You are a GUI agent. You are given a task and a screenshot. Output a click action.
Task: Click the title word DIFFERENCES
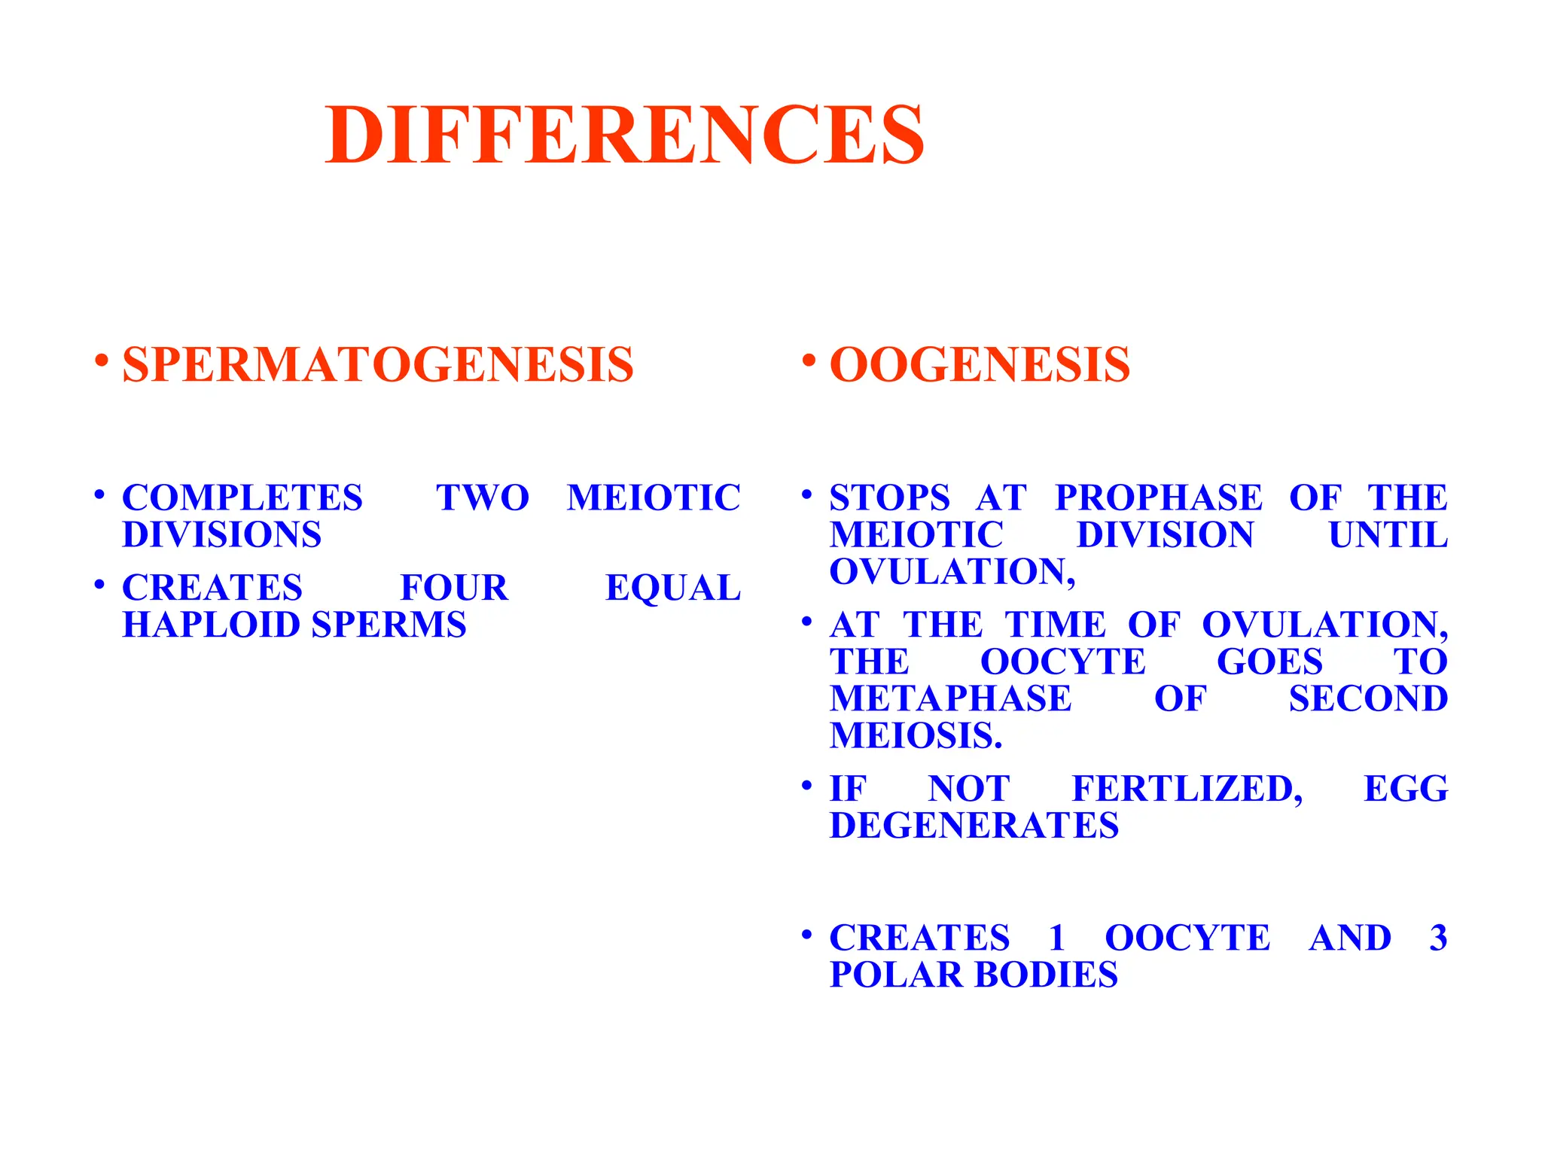click(624, 135)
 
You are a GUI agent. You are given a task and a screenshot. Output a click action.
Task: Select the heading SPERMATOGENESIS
click(377, 365)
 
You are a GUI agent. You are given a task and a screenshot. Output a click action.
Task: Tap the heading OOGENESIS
click(979, 365)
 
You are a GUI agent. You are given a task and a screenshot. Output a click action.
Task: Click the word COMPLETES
click(242, 497)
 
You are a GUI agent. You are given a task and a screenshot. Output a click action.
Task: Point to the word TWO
click(483, 497)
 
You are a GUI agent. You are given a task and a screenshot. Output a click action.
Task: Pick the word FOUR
click(454, 588)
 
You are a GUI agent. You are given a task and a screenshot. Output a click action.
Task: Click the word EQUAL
click(673, 588)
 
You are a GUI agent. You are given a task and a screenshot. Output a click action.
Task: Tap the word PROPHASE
click(1159, 497)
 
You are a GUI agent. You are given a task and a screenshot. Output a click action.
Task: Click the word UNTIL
click(1388, 535)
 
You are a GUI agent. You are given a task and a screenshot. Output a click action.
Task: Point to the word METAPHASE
click(950, 698)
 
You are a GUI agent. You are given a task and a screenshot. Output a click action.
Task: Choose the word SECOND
click(1368, 698)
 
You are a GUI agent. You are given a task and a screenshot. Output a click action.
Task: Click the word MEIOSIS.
click(916, 735)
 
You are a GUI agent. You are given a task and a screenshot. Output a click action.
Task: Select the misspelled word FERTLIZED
click(1187, 789)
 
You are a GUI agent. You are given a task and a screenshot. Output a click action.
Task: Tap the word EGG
click(1406, 789)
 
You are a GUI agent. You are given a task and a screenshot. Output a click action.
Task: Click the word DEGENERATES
click(974, 826)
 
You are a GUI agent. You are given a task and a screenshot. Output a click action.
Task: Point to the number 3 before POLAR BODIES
click(1438, 938)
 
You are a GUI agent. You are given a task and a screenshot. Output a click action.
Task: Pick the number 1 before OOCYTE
click(1057, 938)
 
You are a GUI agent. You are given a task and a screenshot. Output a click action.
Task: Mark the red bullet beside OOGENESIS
click(808, 360)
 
